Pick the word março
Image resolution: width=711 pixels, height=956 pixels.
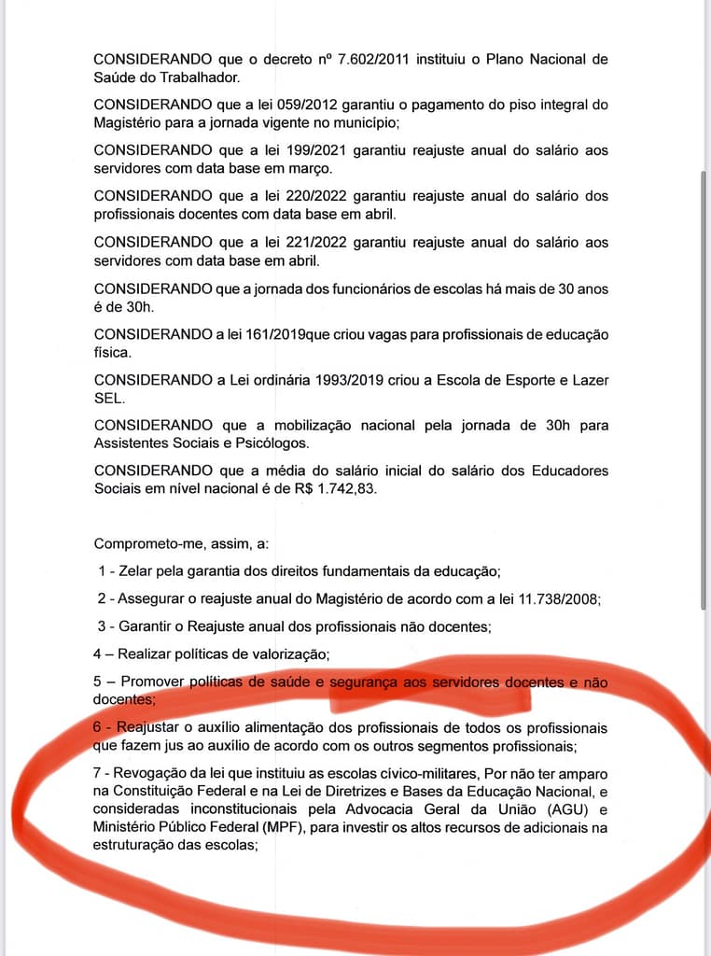pos(310,168)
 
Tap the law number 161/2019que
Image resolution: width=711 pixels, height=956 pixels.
pos(277,334)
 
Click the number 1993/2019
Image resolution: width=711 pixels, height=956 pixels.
pos(301,380)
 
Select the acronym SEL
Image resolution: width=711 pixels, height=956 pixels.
pos(108,398)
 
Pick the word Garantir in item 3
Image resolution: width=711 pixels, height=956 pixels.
pos(147,626)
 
